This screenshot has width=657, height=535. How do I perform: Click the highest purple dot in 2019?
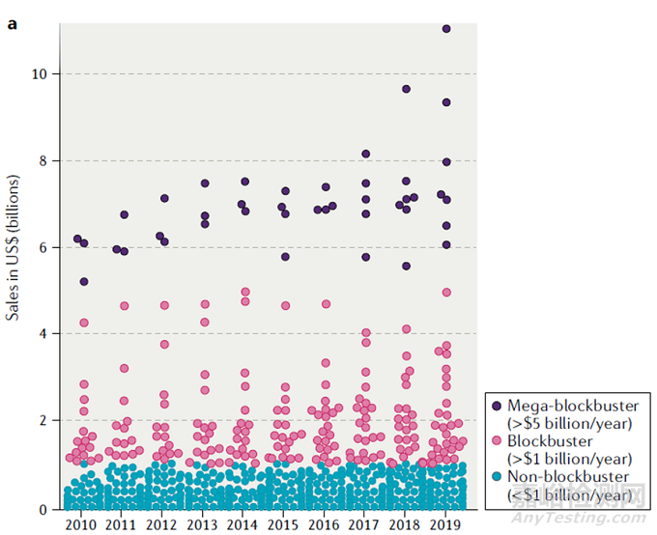(x=446, y=29)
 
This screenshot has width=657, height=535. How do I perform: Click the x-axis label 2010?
(x=81, y=523)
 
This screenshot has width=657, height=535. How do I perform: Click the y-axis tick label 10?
(x=42, y=73)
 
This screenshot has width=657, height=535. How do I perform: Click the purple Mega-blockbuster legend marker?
(x=498, y=406)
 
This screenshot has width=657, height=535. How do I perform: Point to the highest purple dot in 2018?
(x=407, y=89)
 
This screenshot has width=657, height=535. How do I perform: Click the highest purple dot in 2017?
(x=365, y=154)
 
